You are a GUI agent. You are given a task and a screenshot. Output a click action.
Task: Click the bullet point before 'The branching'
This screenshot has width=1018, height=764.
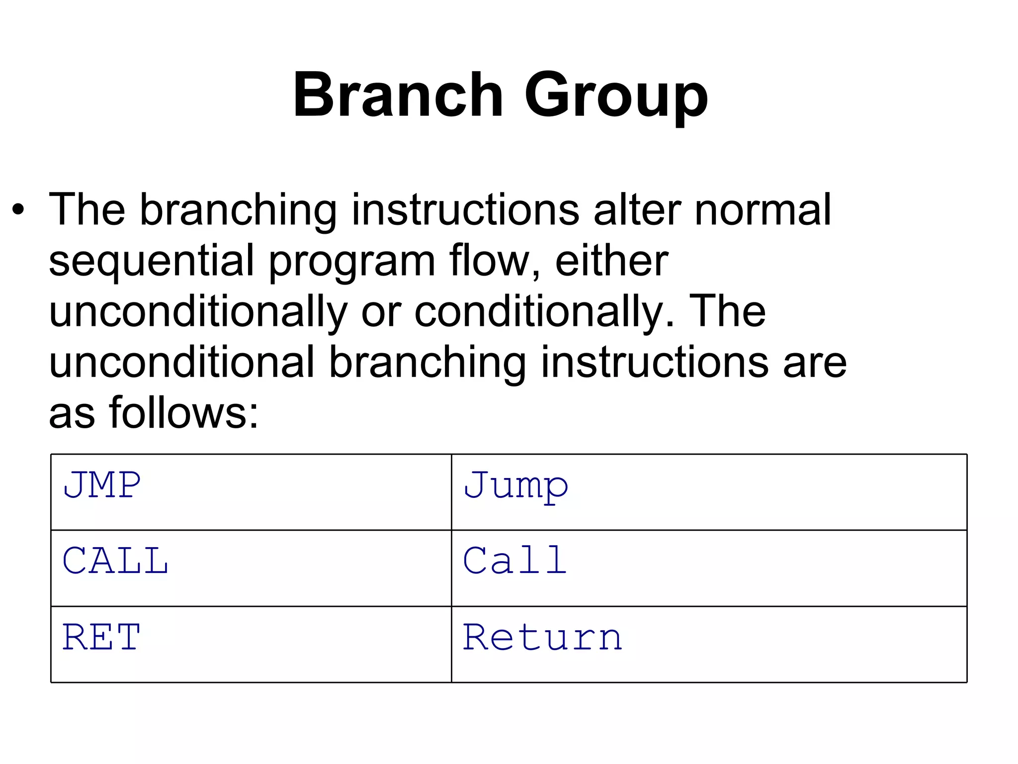pyautogui.click(x=18, y=210)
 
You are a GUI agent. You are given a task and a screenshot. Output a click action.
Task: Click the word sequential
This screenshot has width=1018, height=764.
pyautogui.click(x=152, y=262)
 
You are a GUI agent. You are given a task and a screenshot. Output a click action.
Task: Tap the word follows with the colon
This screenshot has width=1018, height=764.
pyautogui.click(x=184, y=413)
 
